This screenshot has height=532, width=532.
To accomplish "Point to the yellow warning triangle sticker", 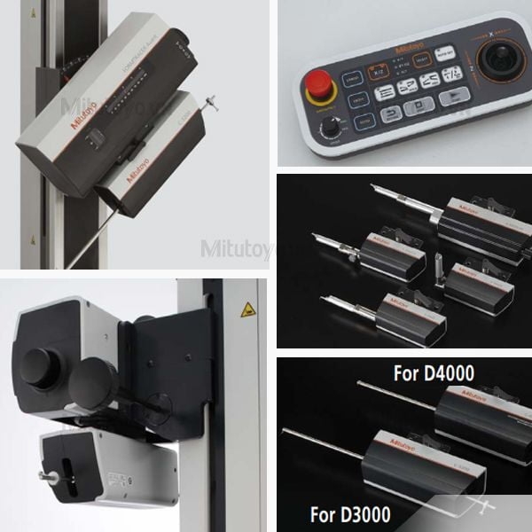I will [x=248, y=309].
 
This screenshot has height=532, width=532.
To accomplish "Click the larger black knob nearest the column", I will [x=94, y=382].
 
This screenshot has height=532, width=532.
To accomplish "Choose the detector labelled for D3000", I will [x=417, y=461].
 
